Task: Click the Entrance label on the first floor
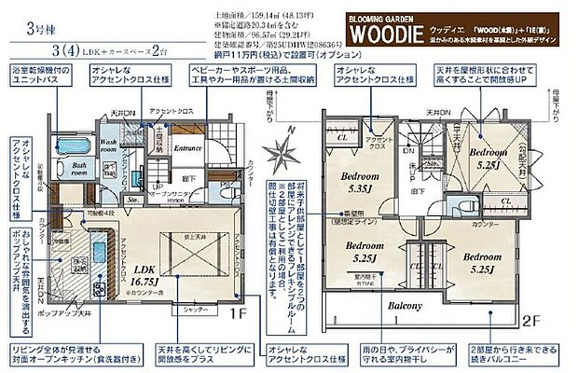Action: pos(188,147)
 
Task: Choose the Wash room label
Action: pos(116,147)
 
